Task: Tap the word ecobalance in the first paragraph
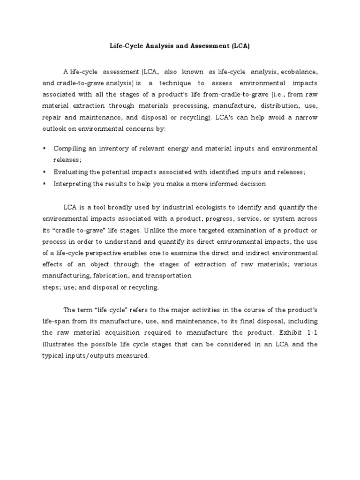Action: [x=300, y=72]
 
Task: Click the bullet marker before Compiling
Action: [x=44, y=149]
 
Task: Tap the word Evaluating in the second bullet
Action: [x=70, y=172]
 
